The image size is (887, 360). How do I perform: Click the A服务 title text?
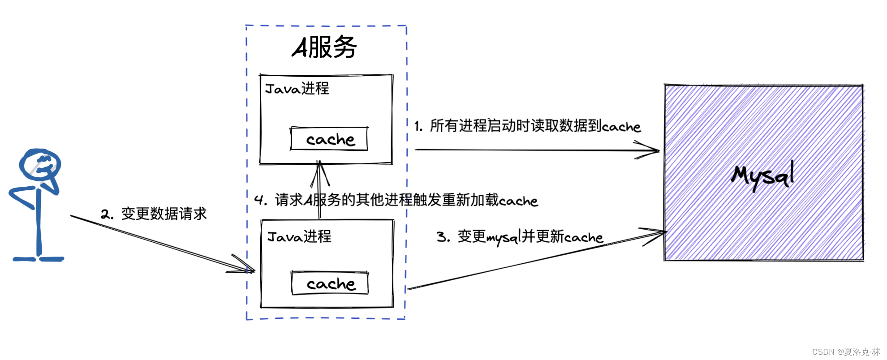tap(325, 47)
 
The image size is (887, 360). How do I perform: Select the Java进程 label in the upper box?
tap(297, 89)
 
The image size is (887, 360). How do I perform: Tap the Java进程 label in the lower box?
tap(299, 236)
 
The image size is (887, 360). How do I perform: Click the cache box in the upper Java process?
tap(329, 139)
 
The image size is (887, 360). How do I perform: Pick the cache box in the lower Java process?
tap(330, 283)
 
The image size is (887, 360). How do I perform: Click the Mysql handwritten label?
tap(763, 176)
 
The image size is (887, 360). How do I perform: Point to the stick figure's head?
tap(40, 164)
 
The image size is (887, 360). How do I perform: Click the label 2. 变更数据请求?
tap(154, 214)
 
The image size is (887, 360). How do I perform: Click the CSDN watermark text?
tap(846, 352)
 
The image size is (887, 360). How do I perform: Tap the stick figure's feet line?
tap(39, 259)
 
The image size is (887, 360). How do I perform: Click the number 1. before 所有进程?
tap(418, 127)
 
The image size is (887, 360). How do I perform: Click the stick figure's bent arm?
tap(22, 197)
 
